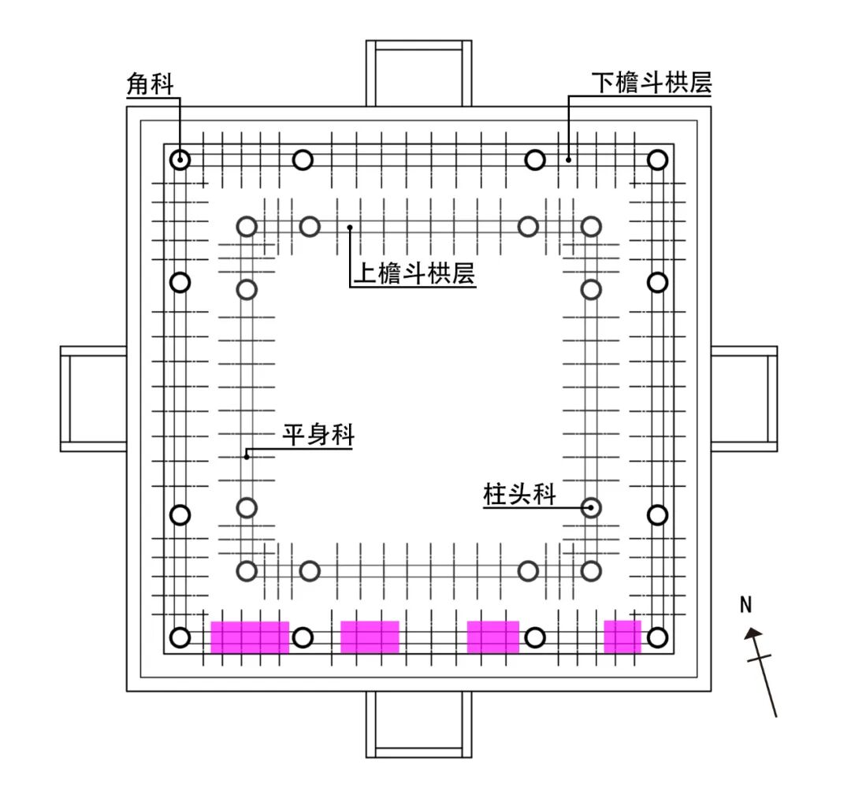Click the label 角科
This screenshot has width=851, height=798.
tap(150, 84)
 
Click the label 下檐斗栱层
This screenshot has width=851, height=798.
tap(652, 84)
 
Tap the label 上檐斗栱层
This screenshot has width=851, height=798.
tap(413, 273)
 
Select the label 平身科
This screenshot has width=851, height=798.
tap(318, 435)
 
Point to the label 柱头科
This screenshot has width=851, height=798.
tap(519, 495)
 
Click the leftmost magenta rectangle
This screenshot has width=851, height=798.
tap(250, 637)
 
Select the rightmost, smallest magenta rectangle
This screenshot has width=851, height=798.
tap(622, 637)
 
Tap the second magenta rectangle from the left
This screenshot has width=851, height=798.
tap(370, 637)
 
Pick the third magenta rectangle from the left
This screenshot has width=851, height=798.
tap(493, 637)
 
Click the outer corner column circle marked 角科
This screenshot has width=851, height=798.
tap(180, 160)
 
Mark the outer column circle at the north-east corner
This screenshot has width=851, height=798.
tap(657, 160)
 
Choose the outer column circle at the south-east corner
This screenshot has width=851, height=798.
tap(658, 637)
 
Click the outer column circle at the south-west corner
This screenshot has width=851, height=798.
tap(180, 637)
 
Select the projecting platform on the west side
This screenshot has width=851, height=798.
tap(94, 399)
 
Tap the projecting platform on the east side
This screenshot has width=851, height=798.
tap(744, 399)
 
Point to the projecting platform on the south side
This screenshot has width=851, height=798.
tap(418, 724)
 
